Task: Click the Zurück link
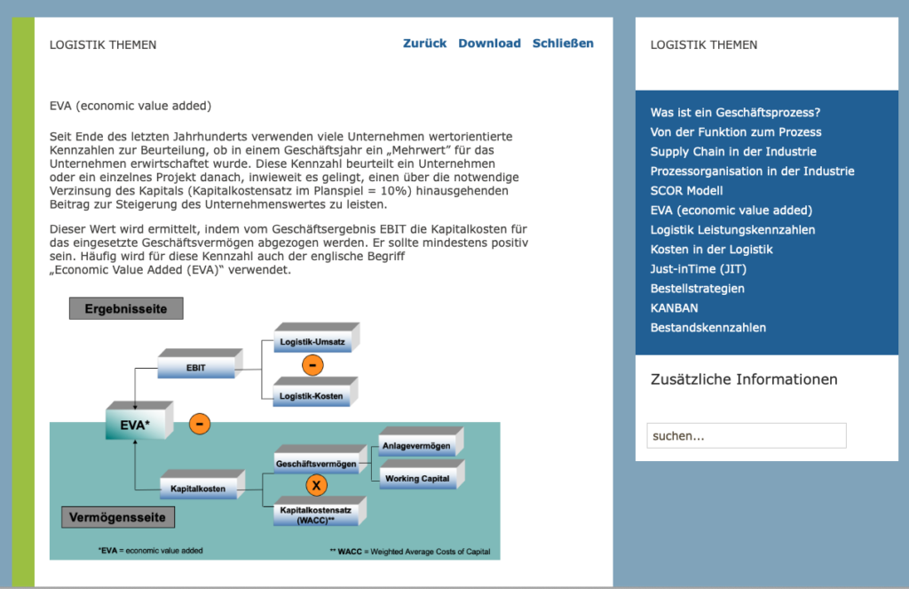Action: pos(424,44)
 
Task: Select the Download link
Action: pos(489,44)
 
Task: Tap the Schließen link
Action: pos(563,44)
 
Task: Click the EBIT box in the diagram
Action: pos(195,367)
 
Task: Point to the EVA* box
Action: pos(135,425)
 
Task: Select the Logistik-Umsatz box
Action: pos(312,342)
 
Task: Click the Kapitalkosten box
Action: pos(198,488)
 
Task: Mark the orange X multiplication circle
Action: pos(316,486)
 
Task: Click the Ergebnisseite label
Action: pos(126,308)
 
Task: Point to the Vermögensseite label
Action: pos(117,516)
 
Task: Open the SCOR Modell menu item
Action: pos(686,191)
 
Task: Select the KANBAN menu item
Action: pos(674,308)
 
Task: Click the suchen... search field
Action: pos(746,436)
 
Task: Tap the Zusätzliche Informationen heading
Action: pos(744,379)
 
